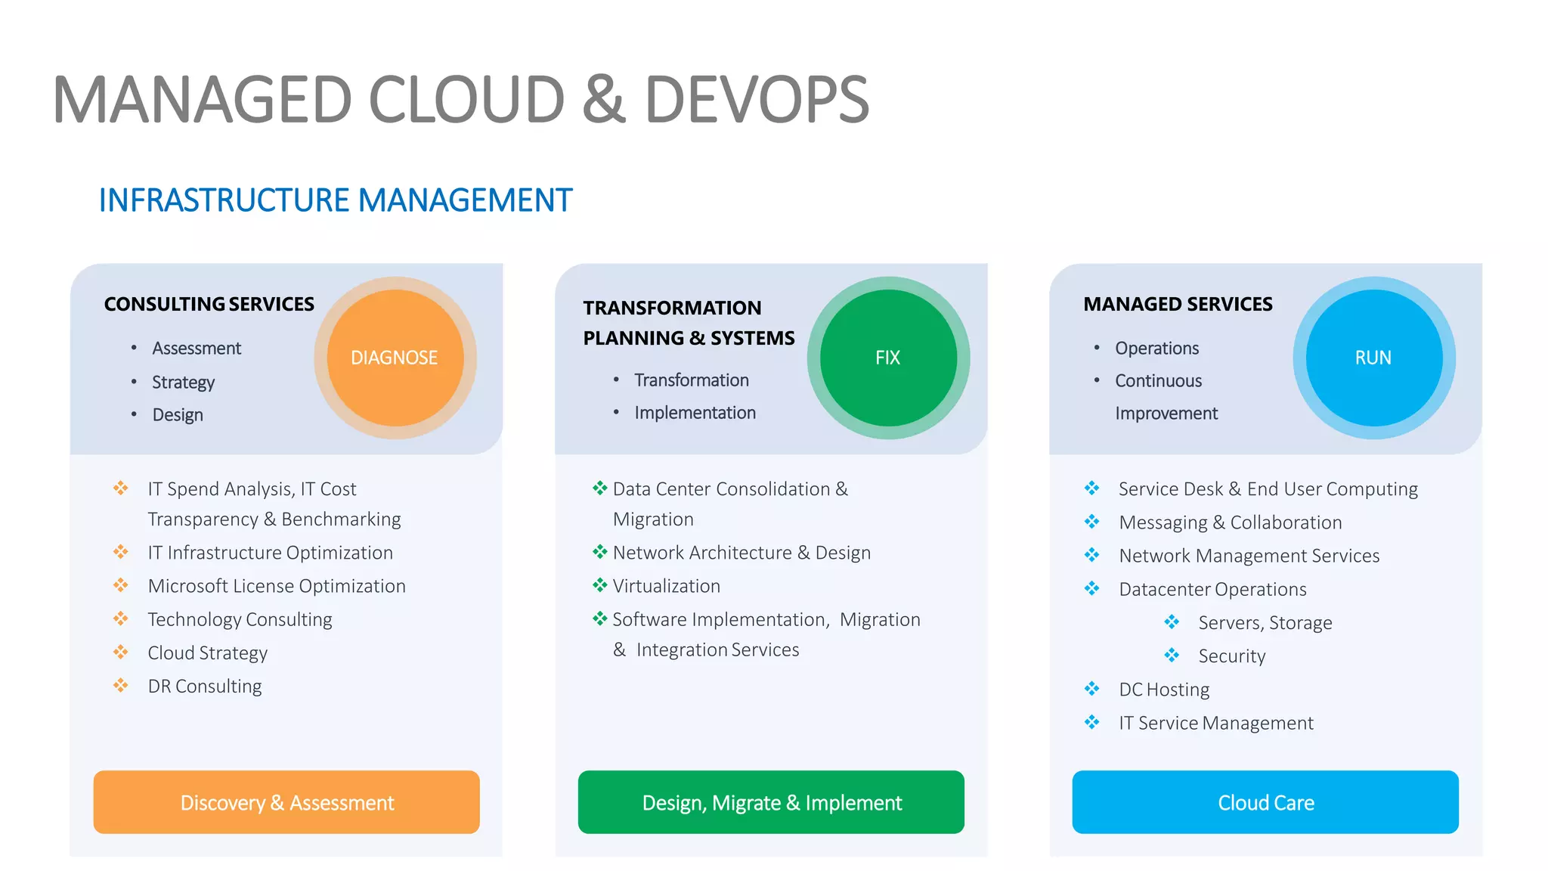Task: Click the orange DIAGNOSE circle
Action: (395, 358)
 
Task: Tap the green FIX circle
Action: (888, 358)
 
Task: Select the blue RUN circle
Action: (1373, 358)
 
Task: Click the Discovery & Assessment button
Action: (286, 802)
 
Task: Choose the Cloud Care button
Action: (1265, 802)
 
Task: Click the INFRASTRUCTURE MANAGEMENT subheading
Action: (336, 200)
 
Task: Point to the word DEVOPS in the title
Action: (757, 100)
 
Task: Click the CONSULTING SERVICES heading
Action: (209, 304)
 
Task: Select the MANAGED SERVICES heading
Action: (1178, 304)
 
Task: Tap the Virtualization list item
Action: (666, 586)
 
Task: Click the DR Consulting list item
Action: (205, 686)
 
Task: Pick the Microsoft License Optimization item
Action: (277, 586)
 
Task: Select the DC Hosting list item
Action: (1164, 690)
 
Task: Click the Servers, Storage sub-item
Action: (1265, 623)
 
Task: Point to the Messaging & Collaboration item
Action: (1230, 522)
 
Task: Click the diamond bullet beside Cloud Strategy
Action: (121, 652)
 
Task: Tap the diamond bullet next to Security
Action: (1172, 656)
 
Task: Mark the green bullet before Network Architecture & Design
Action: (599, 552)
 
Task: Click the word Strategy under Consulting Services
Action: (183, 382)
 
